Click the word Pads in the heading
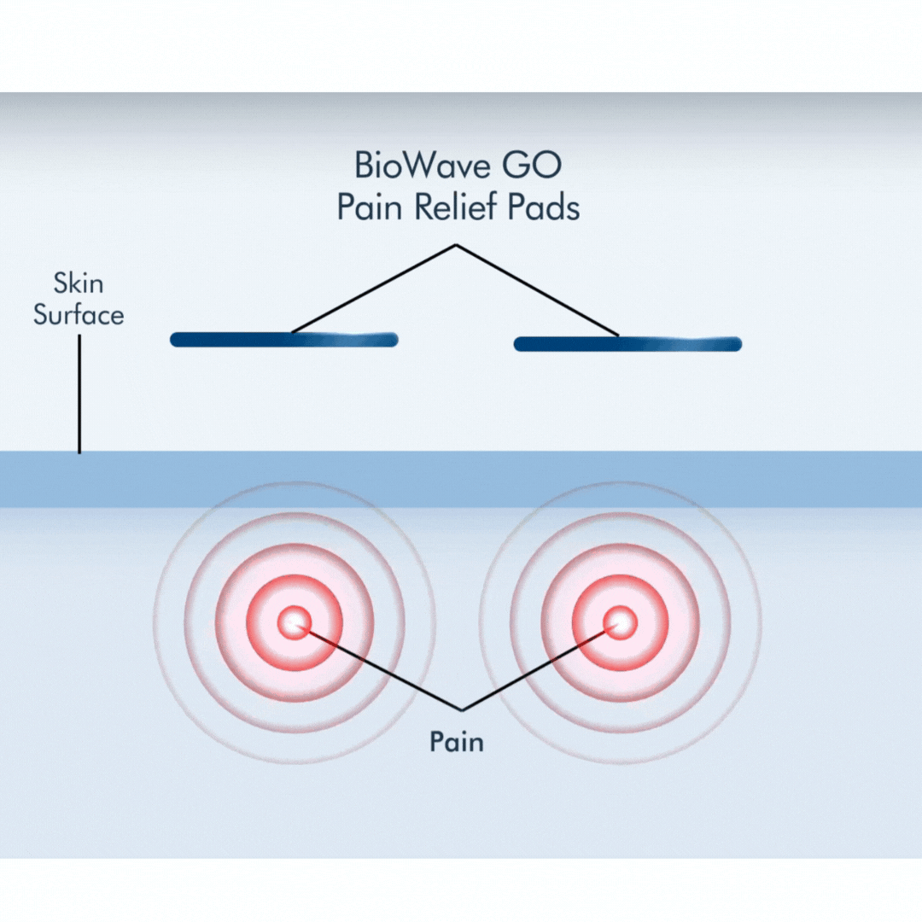(x=547, y=207)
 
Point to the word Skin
(x=79, y=283)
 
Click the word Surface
(x=79, y=315)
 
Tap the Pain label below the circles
(x=456, y=741)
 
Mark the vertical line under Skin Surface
(x=79, y=393)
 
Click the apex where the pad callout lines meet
(x=456, y=246)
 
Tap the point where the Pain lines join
(x=461, y=709)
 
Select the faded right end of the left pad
(x=376, y=339)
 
